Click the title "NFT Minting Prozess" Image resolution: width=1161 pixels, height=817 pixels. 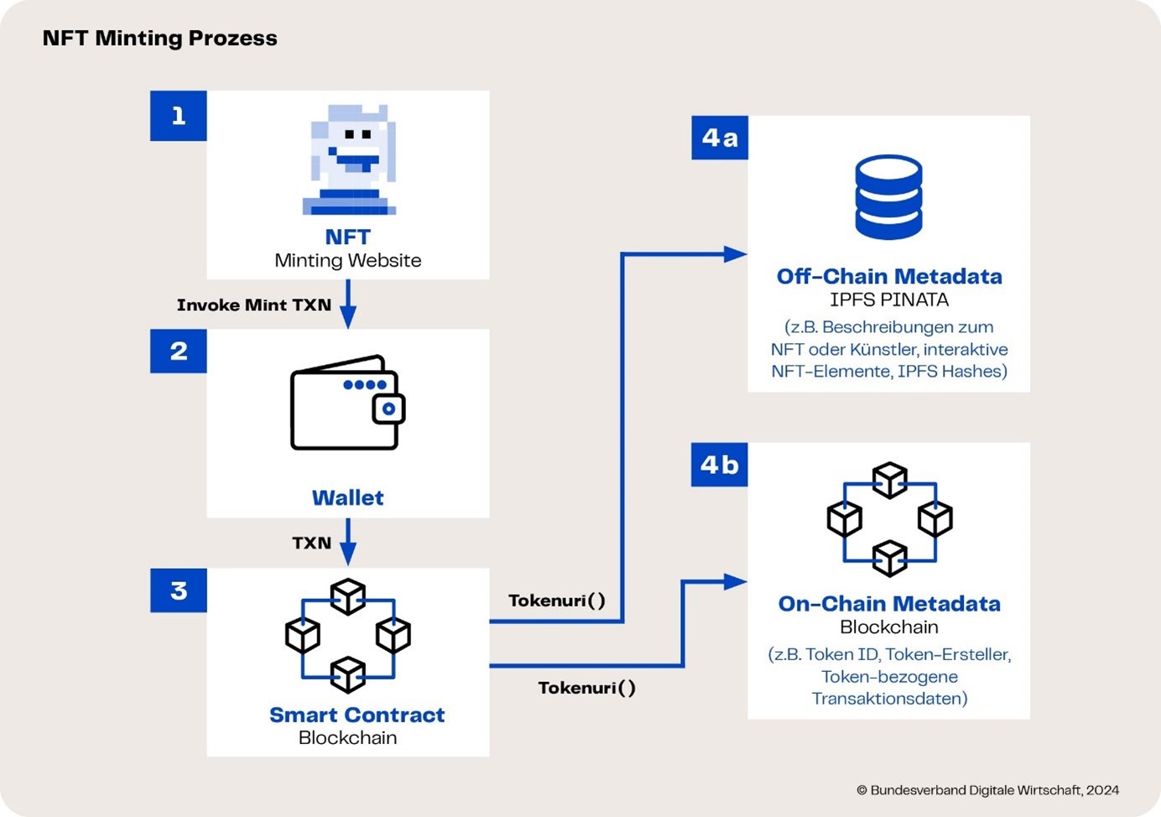tap(159, 39)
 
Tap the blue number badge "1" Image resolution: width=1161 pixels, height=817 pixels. tap(179, 116)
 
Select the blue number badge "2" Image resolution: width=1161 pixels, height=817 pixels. tap(179, 351)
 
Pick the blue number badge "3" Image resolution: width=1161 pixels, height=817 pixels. tap(179, 591)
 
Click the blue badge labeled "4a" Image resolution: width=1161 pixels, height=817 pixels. tap(720, 138)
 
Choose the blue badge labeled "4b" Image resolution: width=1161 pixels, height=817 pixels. tap(720, 465)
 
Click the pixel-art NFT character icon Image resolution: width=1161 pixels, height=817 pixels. tap(349, 159)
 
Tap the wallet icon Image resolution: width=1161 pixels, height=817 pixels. tap(348, 403)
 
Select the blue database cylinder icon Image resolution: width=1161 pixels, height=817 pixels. tap(888, 197)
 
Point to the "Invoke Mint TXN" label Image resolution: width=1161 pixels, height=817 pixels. tap(254, 304)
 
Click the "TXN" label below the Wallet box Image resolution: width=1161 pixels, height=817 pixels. tap(311, 543)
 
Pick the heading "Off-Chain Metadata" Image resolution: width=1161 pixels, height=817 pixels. tap(889, 276)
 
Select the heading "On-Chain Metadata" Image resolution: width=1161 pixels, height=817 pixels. tap(889, 603)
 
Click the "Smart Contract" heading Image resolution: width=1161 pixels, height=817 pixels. tap(357, 715)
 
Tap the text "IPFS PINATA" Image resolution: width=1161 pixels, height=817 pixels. tap(889, 299)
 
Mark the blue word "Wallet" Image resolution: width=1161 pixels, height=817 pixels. tap(348, 497)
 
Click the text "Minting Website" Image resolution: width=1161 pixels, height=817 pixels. tap(348, 260)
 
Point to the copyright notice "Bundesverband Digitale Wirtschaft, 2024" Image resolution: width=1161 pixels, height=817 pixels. tap(994, 790)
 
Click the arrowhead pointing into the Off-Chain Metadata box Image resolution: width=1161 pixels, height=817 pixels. tap(735, 254)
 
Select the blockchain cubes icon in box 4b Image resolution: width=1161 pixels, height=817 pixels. tap(889, 519)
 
